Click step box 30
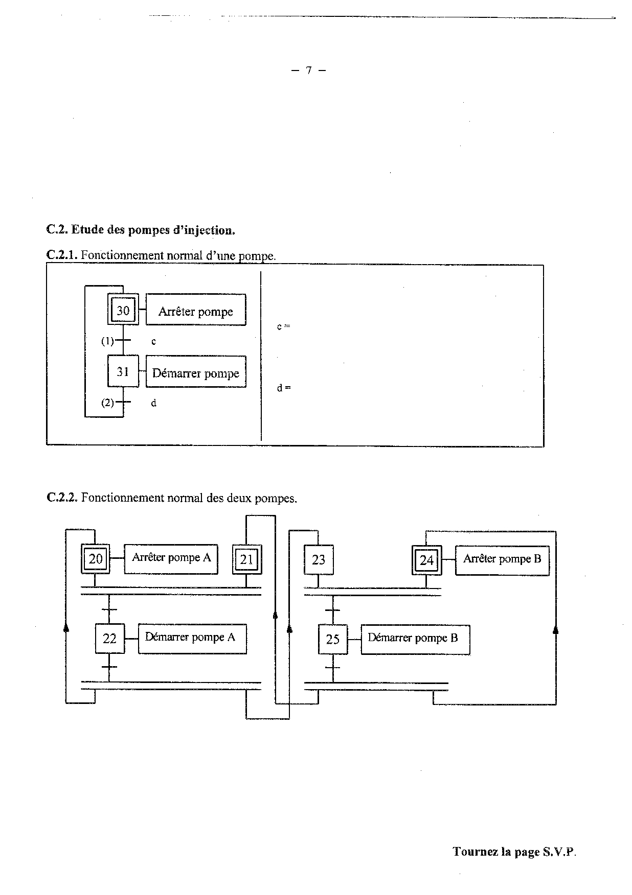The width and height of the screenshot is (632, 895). point(123,310)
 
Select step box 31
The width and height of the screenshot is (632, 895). point(123,371)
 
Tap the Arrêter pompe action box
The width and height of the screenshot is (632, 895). point(196,310)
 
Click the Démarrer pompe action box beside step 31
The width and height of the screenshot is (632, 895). point(196,372)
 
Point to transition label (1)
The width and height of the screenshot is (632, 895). point(107,341)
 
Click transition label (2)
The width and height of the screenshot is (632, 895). point(107,403)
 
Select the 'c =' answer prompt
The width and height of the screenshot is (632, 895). point(283,326)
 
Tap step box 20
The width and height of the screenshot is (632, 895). point(96,559)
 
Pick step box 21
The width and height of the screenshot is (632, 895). point(246,559)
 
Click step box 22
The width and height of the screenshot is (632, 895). point(109,639)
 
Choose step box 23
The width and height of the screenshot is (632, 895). point(318,560)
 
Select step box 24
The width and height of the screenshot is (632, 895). point(426,560)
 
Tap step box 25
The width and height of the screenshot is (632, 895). point(332,639)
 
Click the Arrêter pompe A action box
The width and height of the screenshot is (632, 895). point(171,558)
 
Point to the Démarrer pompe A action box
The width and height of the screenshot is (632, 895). point(192,638)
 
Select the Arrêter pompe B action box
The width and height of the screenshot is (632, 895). point(502,560)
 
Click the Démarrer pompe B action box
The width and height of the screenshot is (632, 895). point(415,639)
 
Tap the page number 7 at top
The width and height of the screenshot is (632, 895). point(308,70)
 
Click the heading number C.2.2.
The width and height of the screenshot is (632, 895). point(61,498)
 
